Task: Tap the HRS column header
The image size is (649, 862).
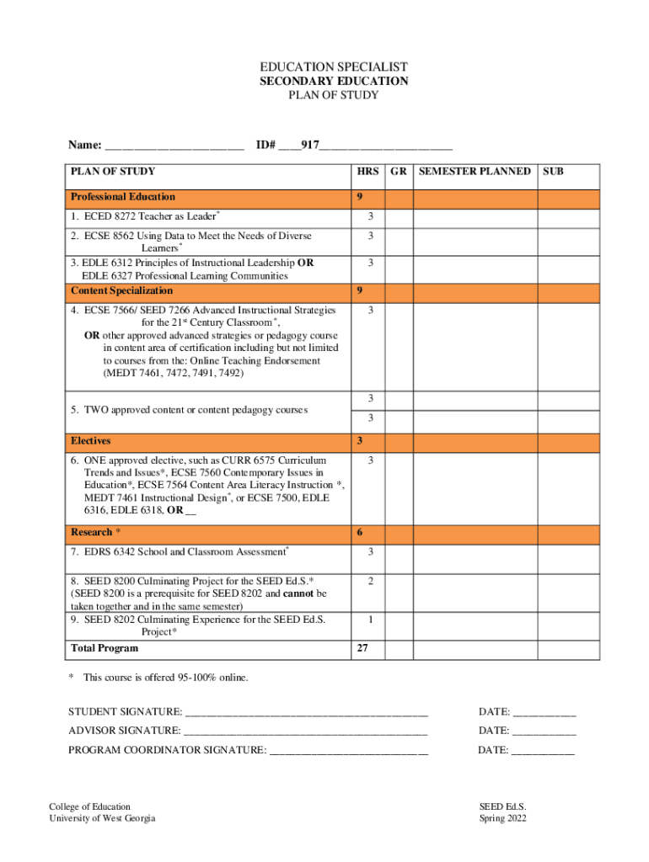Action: (367, 172)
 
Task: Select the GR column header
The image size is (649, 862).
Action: (400, 172)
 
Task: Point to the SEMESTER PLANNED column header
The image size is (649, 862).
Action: (475, 172)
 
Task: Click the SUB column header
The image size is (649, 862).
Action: (553, 172)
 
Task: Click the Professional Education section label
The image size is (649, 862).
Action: (123, 197)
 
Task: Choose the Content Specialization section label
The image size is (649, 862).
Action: (121, 291)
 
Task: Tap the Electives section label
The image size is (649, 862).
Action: (91, 441)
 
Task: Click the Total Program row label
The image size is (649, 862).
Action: (105, 648)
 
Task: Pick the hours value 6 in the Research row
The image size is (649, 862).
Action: (360, 533)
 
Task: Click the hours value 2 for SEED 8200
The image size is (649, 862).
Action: (369, 581)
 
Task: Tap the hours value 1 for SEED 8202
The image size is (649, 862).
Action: (369, 620)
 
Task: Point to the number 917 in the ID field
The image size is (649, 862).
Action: (309, 146)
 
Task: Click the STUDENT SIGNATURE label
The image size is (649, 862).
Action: (125, 713)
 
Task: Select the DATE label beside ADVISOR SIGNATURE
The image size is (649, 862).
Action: (494, 731)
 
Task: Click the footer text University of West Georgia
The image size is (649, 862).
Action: (102, 819)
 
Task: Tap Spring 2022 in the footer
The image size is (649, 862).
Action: (503, 819)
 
